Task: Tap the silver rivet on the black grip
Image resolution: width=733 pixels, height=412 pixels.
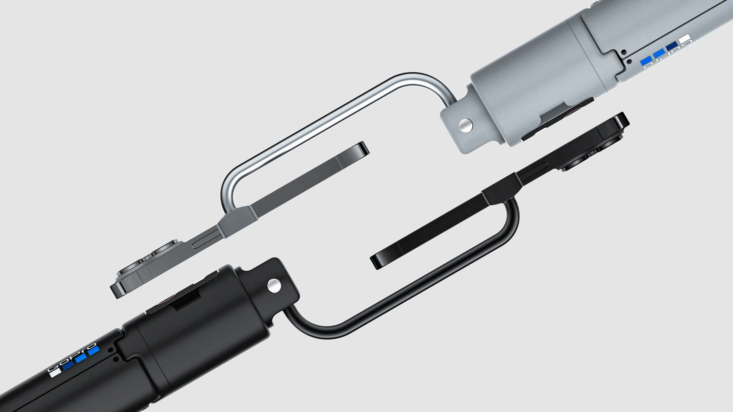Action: [x=274, y=286]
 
